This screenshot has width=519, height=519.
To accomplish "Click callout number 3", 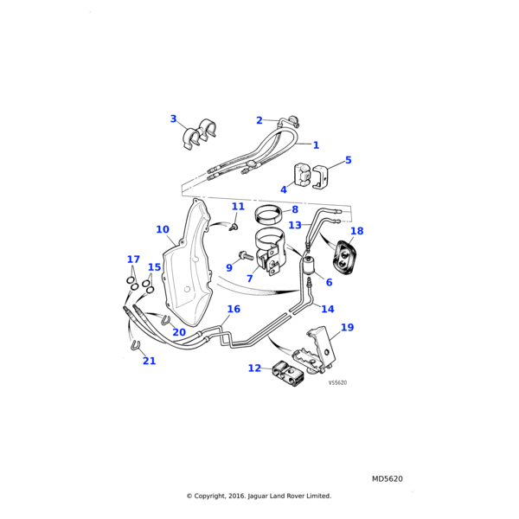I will coord(173,119).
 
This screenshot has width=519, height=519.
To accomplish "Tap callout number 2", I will coord(259,121).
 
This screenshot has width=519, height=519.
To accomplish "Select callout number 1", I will coord(316,145).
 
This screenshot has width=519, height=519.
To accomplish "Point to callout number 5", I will coord(348,160).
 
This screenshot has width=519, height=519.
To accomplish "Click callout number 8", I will coord(295,209).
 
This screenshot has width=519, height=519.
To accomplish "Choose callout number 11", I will coord(238,207).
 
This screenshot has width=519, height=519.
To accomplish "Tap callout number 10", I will coord(163,229).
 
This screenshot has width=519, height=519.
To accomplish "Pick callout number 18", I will coord(356,231).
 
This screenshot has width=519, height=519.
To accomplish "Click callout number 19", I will coord(347,327).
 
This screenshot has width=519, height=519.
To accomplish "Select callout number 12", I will coord(254,368).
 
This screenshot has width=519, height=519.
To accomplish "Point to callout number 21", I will coord(149,361).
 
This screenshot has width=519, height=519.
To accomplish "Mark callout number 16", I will coord(234,309).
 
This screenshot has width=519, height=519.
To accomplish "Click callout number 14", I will coord(328,309).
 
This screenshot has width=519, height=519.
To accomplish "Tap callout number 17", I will coord(133,259).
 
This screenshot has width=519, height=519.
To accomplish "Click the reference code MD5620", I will coord(388,478).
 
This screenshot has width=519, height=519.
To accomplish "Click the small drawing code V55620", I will coord(337,382).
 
